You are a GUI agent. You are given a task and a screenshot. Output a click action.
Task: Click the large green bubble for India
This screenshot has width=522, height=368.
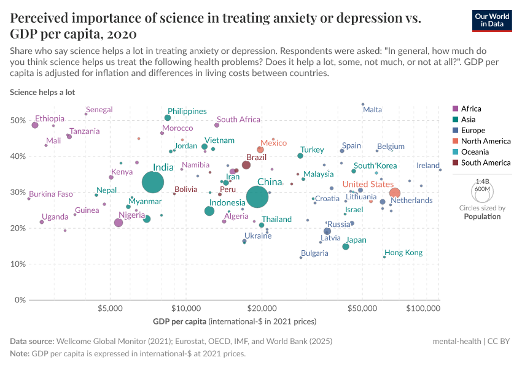point(153,182)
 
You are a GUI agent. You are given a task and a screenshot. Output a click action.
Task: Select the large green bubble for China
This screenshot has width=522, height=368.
point(258,197)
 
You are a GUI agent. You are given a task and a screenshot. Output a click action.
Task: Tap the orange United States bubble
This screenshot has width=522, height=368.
point(395,193)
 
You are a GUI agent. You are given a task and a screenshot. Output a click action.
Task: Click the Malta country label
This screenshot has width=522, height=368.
point(372,110)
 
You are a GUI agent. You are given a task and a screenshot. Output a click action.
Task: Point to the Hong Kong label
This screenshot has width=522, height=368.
point(403,253)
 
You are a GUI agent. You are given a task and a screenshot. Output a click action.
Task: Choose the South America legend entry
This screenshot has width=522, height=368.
point(485,163)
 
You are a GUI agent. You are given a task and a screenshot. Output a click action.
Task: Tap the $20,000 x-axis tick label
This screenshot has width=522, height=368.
point(262,308)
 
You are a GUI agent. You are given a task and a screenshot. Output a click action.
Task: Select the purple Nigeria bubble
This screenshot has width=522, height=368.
point(119,223)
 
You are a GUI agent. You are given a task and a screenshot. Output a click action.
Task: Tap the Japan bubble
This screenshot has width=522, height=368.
point(346,247)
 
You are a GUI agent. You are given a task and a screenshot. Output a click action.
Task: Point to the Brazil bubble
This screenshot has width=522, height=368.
point(246,165)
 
